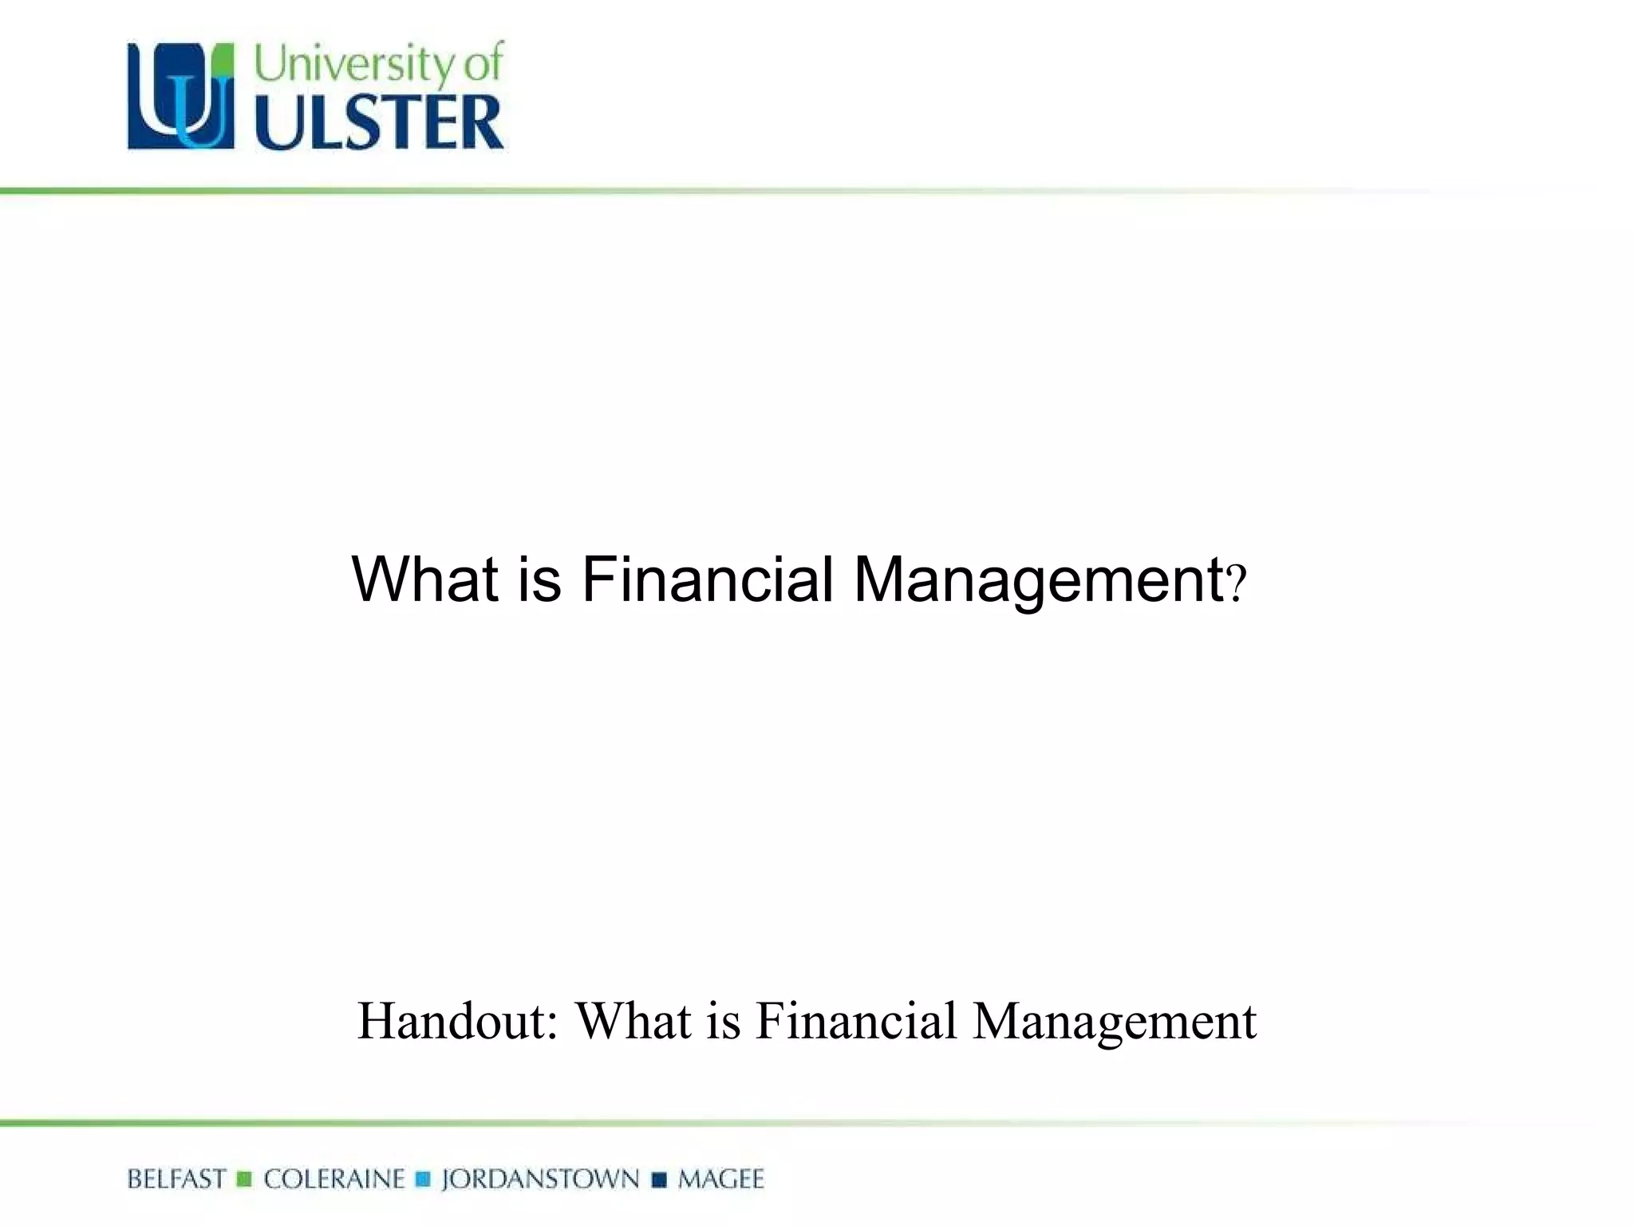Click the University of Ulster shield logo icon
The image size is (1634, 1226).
(181, 96)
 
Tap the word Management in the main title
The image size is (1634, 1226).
(1039, 579)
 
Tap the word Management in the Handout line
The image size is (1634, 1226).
(1115, 1022)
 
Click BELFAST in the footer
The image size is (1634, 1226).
(176, 1179)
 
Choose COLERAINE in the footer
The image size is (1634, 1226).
(334, 1179)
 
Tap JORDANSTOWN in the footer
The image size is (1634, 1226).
(540, 1179)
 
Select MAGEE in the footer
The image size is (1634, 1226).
(720, 1179)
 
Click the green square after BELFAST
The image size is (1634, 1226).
(245, 1179)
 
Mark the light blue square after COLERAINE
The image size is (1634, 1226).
(424, 1179)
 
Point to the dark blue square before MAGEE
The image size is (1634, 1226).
(659, 1179)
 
